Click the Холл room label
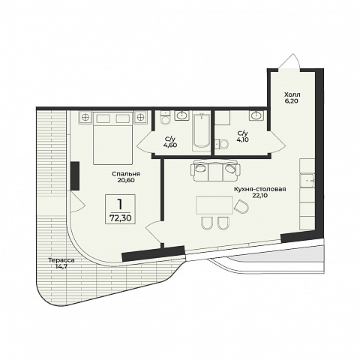(292, 94)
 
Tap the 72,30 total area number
(120, 218)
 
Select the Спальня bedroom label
(126, 174)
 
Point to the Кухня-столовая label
(259, 189)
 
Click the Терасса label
(61, 260)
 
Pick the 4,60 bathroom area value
(170, 145)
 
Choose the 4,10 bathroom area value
(243, 139)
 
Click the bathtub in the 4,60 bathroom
(201, 133)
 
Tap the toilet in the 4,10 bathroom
(222, 144)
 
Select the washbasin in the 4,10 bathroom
(256, 115)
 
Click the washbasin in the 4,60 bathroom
(181, 115)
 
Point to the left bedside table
(85, 117)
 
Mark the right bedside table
(140, 117)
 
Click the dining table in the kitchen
(214, 205)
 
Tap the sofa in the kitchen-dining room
(216, 170)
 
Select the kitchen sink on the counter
(307, 180)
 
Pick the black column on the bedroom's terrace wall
(75, 175)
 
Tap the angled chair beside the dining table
(241, 206)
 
